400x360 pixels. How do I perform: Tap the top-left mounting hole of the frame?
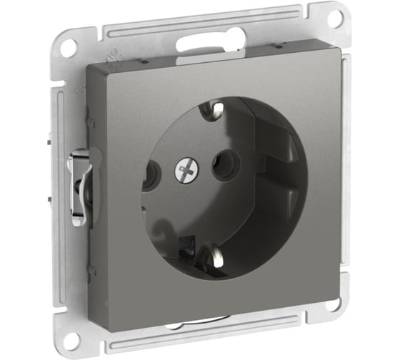[68, 48]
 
